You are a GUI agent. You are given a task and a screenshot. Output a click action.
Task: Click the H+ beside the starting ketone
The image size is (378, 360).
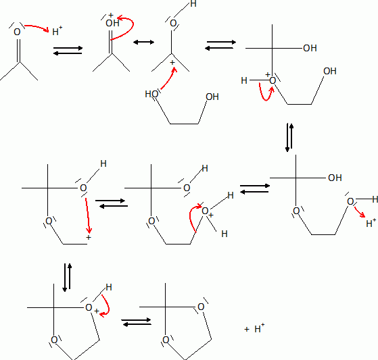click(x=57, y=31)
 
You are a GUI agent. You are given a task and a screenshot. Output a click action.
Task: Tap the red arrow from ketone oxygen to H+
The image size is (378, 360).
click(x=37, y=27)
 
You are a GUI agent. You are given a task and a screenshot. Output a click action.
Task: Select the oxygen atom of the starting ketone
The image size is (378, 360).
click(x=17, y=32)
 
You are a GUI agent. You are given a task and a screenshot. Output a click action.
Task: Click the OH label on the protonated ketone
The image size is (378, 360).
click(x=112, y=23)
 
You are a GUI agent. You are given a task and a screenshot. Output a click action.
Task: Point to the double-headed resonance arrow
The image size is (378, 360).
click(x=143, y=43)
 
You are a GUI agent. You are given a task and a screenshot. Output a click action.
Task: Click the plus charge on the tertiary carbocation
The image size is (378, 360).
click(x=172, y=63)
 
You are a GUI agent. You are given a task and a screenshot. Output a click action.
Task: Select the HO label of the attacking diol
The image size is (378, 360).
click(x=151, y=94)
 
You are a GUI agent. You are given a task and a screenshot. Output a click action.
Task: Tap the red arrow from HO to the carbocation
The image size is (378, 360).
click(x=168, y=79)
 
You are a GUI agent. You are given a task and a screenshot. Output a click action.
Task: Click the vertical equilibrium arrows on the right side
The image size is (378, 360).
click(x=289, y=138)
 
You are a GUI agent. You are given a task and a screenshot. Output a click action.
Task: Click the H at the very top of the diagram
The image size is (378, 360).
click(x=193, y=4)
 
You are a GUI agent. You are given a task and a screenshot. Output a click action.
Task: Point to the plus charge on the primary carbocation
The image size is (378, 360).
click(x=89, y=238)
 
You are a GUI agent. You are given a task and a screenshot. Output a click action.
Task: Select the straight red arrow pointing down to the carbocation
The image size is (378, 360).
click(x=87, y=215)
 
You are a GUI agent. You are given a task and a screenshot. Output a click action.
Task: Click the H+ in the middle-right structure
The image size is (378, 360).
click(x=371, y=223)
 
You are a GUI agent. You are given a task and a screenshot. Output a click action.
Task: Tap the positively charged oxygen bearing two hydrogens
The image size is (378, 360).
click(x=205, y=211)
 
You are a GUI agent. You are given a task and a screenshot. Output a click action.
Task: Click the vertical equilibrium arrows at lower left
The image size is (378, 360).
click(x=67, y=278)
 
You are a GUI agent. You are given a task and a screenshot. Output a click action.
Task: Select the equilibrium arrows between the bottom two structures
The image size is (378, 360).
click(x=136, y=322)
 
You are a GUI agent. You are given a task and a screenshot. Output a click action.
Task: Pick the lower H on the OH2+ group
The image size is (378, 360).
click(x=225, y=234)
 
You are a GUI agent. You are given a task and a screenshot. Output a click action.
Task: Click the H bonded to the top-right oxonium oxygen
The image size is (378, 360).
click(x=244, y=80)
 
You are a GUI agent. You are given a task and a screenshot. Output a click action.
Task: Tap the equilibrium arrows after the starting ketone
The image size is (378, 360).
click(x=68, y=51)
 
